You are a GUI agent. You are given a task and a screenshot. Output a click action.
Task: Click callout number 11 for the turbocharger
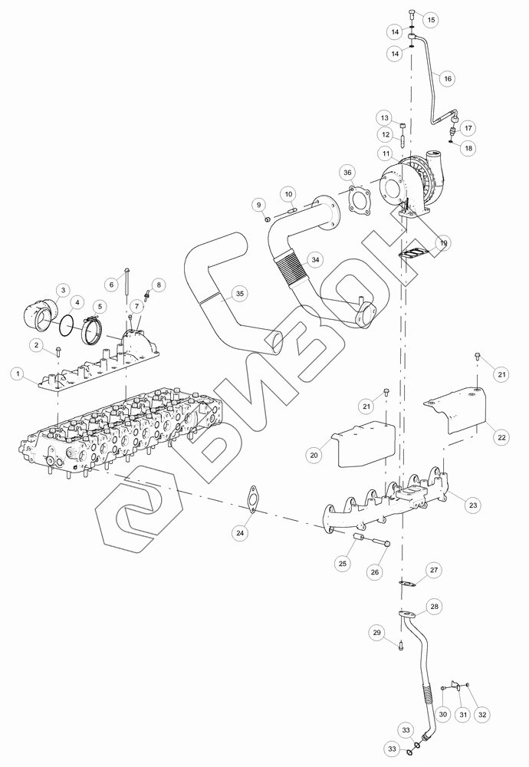pyautogui.click(x=386, y=153)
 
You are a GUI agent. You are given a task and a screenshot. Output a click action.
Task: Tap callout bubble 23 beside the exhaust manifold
pyautogui.click(x=473, y=505)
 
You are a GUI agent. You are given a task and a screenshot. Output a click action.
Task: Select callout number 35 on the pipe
pyautogui.click(x=239, y=294)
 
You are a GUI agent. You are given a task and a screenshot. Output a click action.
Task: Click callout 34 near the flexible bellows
pyautogui.click(x=315, y=260)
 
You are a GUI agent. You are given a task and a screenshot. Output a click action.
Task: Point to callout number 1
pyautogui.click(x=18, y=374)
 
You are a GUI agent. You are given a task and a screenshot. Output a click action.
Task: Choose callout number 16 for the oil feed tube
pyautogui.click(x=448, y=78)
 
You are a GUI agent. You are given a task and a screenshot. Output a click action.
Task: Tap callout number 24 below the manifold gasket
pyautogui.click(x=239, y=533)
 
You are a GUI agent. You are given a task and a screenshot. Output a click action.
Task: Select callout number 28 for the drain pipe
pyautogui.click(x=434, y=607)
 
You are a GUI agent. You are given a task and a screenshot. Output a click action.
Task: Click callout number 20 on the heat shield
pyautogui.click(x=314, y=455)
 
